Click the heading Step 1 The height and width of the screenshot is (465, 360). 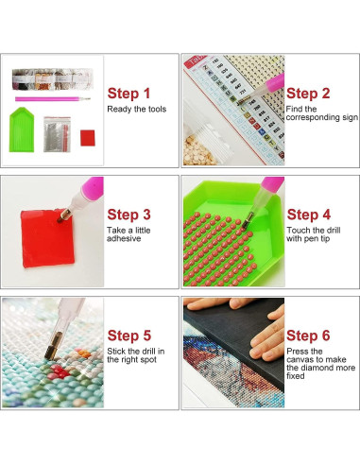point(129,93)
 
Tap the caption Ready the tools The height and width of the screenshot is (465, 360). point(137,109)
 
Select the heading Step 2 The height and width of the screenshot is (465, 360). point(308,94)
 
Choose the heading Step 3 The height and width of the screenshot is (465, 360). point(129,215)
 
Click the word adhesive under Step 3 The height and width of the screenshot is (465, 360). point(124,239)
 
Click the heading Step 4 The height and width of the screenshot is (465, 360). point(308,215)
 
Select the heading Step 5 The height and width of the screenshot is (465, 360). point(129,335)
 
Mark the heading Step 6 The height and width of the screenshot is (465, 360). point(308,336)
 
